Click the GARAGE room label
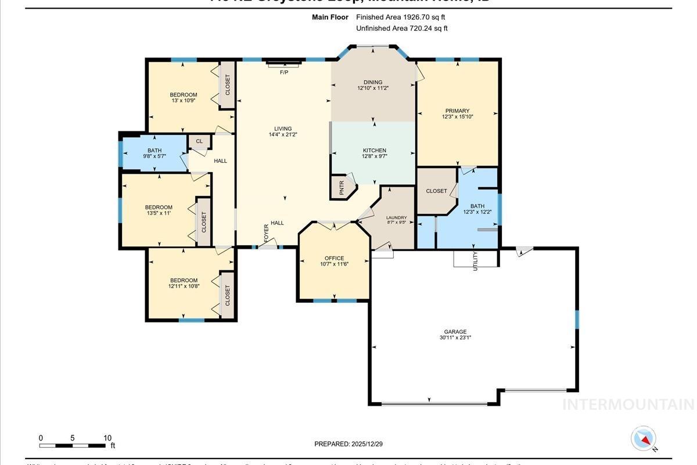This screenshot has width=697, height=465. pos(455,332)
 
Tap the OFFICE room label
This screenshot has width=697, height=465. pos(334,258)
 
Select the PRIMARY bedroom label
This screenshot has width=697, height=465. pos(457,110)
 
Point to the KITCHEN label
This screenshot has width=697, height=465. pos(374,151)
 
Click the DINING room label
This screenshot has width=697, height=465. pos(373,82)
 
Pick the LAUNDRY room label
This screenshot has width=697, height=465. pos(398,217)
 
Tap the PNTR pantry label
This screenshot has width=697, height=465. pos(342,188)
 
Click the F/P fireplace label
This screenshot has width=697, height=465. pos(284,73)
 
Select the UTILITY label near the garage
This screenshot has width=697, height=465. pos(475,261)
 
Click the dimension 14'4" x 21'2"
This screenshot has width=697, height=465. pos(283,135)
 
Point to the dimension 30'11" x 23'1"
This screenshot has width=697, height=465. pos(455,338)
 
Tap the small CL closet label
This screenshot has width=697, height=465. pos(199,141)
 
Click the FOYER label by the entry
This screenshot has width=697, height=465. pos(267,233)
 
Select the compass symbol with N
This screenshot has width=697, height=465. pos(644,439)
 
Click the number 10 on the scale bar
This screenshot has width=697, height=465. pos(107,438)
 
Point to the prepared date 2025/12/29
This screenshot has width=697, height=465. pos(366,444)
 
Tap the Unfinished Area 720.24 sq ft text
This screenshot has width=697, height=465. pos(401,28)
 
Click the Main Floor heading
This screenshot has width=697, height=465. pos(330,17)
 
